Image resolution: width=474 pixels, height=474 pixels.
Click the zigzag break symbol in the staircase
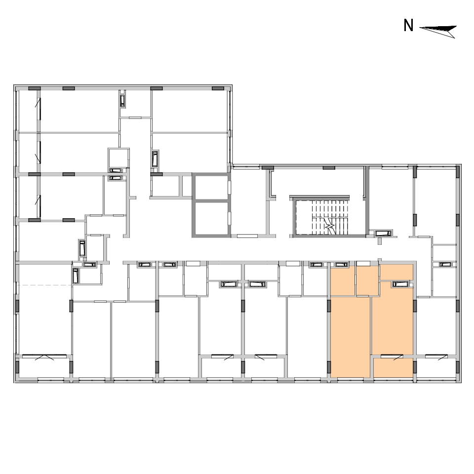click(x=329, y=226)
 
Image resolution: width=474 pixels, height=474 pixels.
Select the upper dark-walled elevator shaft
click(x=211, y=188)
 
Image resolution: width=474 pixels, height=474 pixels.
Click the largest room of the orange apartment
click(x=351, y=337)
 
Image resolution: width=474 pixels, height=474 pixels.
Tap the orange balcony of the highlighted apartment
click(x=394, y=368)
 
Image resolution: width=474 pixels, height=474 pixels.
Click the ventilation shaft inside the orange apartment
click(x=400, y=284)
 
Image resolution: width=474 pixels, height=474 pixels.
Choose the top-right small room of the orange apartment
click(x=396, y=272)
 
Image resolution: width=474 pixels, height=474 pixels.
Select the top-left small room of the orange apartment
click(x=343, y=281)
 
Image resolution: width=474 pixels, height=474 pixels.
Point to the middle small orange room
click(x=367, y=281)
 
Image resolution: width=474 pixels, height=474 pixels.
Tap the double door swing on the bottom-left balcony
click(x=44, y=357)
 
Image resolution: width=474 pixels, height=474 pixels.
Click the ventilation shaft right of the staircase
click(x=383, y=234)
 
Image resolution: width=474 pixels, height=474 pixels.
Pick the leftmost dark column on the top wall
click(x=35, y=88)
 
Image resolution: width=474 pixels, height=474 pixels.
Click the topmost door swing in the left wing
click(x=38, y=102)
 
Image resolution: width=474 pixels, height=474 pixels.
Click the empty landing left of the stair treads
click(x=304, y=217)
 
